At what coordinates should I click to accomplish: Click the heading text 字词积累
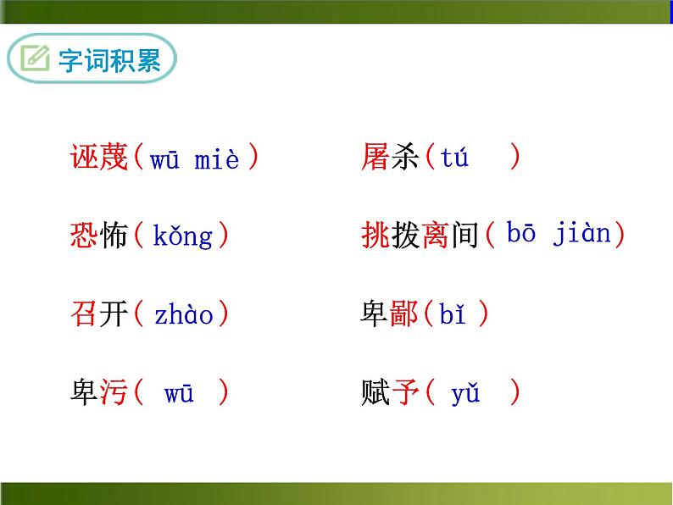[x=109, y=61]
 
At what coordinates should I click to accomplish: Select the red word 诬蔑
[x=99, y=158]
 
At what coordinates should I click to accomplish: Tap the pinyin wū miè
[x=194, y=159]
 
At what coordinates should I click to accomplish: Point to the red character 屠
[x=375, y=158]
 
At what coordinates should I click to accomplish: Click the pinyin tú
[x=454, y=158]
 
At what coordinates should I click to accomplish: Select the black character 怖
[x=114, y=236]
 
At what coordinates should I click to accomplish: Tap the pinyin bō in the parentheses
[x=521, y=234]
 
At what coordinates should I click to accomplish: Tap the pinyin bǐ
[x=453, y=314]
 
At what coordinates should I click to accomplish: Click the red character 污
[x=114, y=393]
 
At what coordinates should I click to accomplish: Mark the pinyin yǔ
[x=465, y=394]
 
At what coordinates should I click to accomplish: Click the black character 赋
[x=375, y=393]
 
